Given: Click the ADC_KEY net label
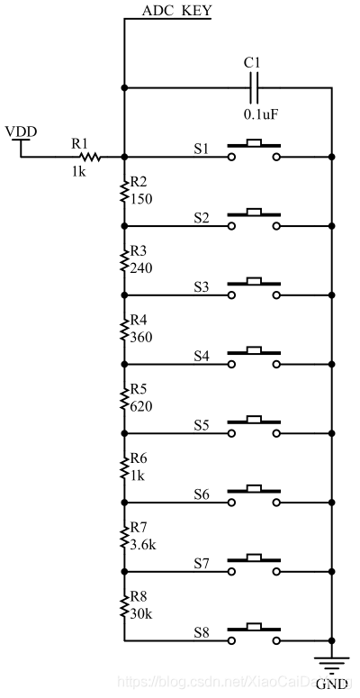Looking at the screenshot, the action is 176,11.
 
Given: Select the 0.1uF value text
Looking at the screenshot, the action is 261,114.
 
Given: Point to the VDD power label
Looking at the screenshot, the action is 21,131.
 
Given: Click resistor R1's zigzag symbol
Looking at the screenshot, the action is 90,157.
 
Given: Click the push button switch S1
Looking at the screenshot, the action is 254,150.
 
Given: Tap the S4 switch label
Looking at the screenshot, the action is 201,356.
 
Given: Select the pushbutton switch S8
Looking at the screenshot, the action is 254,634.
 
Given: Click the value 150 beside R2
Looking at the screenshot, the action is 141,199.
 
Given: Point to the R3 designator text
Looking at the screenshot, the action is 139,251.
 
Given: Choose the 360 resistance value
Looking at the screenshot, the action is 141,338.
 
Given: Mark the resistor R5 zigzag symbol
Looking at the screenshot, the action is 124,398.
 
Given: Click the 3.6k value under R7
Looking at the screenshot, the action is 143,544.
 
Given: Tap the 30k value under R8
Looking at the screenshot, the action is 141,613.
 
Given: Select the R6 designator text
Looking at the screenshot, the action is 139,458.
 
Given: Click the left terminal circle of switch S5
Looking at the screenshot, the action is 231,433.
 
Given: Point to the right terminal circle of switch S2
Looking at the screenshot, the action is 277,226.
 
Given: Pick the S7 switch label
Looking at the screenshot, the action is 201,563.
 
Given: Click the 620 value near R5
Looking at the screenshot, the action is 141,406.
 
